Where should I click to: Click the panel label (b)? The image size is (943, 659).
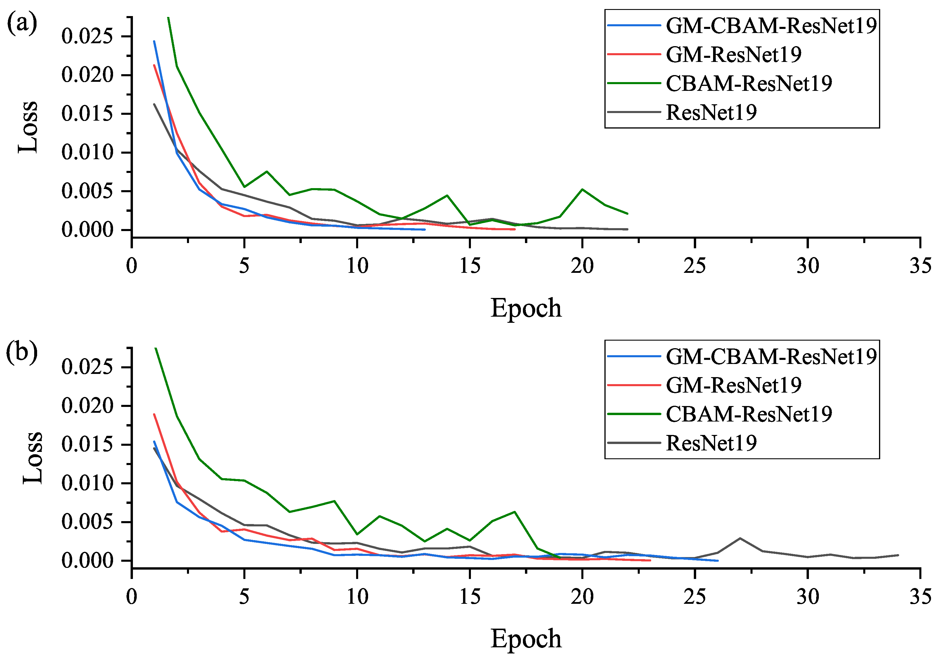click(x=22, y=352)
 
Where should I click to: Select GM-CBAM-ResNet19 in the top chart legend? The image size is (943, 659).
click(x=771, y=25)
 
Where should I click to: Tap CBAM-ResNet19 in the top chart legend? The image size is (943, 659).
click(x=748, y=83)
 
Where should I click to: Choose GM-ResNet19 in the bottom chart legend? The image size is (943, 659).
click(x=733, y=385)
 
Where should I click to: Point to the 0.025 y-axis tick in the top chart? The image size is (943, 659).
click(x=87, y=36)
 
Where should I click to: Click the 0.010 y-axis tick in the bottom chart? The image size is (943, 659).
click(x=87, y=483)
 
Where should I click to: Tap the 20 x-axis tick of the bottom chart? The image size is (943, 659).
click(x=582, y=596)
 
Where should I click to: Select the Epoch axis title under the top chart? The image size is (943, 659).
click(x=526, y=308)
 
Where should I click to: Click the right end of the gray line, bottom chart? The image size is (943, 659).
click(x=898, y=555)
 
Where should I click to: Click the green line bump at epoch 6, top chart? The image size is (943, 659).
click(x=267, y=171)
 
